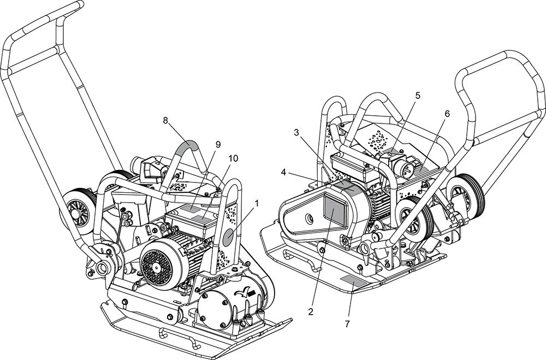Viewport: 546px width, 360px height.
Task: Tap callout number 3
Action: tap(296, 132)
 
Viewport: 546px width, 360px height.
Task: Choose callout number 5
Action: tap(418, 96)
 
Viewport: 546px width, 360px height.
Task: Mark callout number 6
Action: tap(447, 114)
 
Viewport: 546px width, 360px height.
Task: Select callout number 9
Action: tap(218, 145)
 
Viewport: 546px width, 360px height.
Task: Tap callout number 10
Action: tap(233, 158)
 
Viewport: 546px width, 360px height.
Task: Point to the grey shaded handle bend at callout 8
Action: tap(187, 146)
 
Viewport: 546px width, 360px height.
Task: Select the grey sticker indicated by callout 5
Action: tap(392, 150)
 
